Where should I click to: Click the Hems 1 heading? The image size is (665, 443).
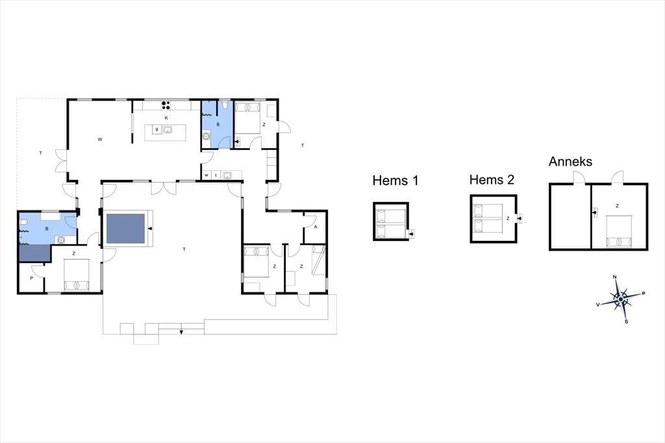(x=395, y=181)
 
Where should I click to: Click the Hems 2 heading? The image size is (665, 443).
(x=492, y=180)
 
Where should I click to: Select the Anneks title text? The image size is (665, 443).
(x=570, y=161)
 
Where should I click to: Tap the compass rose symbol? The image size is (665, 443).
(x=620, y=299)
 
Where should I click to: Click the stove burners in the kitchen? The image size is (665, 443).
(x=166, y=105)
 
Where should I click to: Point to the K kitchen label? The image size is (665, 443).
(x=166, y=118)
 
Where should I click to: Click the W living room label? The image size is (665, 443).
(x=100, y=140)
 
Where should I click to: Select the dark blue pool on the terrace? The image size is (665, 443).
(x=125, y=229)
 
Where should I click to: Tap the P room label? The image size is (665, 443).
(x=31, y=279)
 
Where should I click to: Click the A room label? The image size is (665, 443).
(x=316, y=227)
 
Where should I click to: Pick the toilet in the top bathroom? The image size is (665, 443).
(x=225, y=105)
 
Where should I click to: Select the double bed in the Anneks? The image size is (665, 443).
(x=619, y=231)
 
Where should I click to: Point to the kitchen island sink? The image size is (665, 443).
(x=168, y=130)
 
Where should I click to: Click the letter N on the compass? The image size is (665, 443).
(x=615, y=277)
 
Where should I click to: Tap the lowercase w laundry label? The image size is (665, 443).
(x=207, y=175)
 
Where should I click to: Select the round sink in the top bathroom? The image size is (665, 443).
(x=206, y=136)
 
